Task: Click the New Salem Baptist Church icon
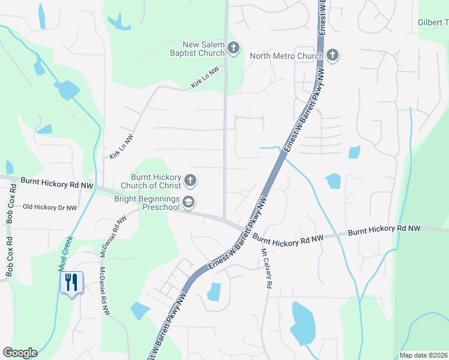tap(233, 47)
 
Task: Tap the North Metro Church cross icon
tap(333, 56)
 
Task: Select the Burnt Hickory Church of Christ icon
tap(190, 180)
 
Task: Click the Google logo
tap(20, 353)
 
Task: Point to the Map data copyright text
tap(423, 355)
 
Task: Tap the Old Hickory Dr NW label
tap(50, 208)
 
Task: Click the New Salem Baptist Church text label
tap(203, 48)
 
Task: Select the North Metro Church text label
tap(286, 56)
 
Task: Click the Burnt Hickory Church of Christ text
tap(156, 181)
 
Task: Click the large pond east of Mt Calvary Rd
tap(303, 324)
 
